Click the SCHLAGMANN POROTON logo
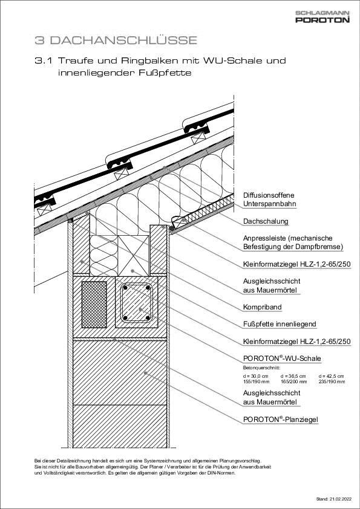pos(322,16)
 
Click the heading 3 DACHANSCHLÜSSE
pos(116,41)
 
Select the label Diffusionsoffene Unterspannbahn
pos(269,199)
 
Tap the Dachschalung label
pos(266,221)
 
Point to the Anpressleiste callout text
pos(293,242)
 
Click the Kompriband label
pos(262,307)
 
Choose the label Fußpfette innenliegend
pos(280,324)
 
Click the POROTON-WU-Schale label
pos(282,358)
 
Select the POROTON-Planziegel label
pos(280,420)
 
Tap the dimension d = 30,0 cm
pos(256,376)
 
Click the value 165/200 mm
pos(293,382)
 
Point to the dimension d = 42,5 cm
pos(332,376)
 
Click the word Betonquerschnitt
pos(261,368)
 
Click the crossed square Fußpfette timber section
pos(133,256)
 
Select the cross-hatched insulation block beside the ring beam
pos(94,305)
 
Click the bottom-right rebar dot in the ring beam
pos(148,318)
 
